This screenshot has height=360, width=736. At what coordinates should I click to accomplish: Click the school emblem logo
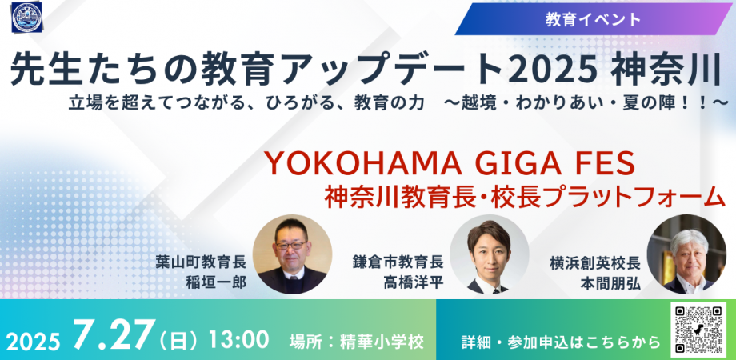point(26,18)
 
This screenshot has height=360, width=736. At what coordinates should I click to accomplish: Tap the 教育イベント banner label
point(594,18)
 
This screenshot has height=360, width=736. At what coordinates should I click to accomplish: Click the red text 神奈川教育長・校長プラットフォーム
point(525,197)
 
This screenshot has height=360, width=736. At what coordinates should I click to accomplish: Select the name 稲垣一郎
point(215,282)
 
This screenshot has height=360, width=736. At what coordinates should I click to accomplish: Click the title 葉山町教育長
point(201,262)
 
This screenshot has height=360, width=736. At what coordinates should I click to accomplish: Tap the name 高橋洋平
point(414,282)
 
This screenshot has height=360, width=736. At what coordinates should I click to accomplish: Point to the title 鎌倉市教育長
point(398,262)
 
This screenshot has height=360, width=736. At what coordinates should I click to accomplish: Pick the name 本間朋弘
point(610,282)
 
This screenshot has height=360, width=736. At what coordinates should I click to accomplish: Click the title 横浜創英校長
point(595,262)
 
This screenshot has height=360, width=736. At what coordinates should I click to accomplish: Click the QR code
point(698,330)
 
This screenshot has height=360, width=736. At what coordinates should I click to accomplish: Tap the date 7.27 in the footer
point(114,335)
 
